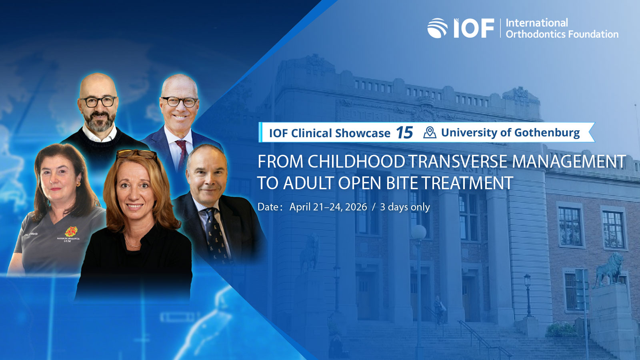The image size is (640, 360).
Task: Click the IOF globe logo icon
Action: tap(437, 28)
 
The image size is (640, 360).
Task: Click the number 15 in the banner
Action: tap(404, 133)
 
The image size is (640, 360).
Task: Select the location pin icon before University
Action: tap(430, 132)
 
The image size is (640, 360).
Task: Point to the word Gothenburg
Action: tap(547, 133)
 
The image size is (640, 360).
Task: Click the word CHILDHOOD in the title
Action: tap(356, 162)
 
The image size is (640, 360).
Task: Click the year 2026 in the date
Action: tap(356, 207)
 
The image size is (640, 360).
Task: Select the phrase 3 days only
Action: tap(405, 207)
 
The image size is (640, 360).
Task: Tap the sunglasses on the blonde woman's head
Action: tap(136, 154)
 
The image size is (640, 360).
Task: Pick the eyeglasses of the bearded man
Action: tap(98, 102)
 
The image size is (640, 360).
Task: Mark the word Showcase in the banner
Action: tap(362, 133)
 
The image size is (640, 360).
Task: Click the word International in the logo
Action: tap(536, 23)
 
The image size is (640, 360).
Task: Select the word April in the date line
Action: tap(300, 207)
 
